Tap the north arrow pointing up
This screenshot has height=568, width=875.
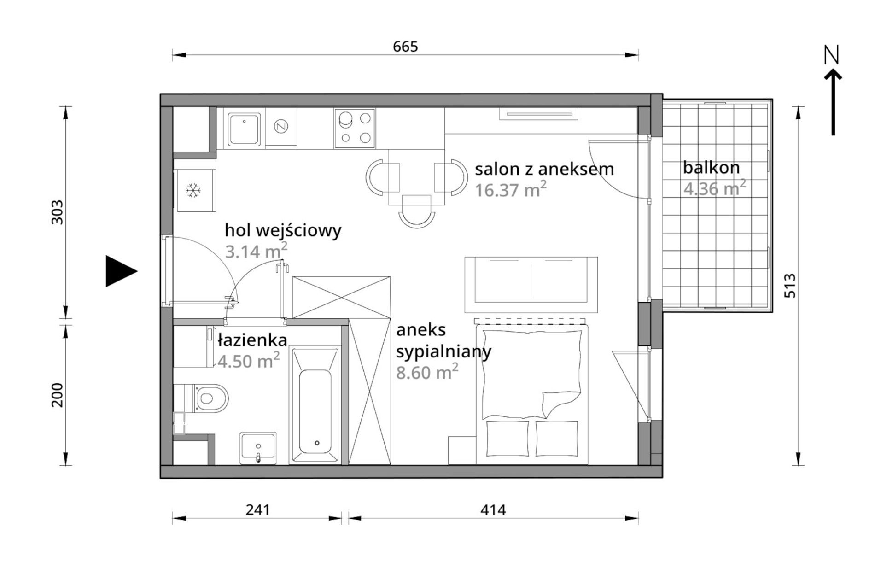(833, 102)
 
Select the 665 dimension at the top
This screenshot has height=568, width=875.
(405, 47)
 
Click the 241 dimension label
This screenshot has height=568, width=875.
(257, 509)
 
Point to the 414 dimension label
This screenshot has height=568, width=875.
(493, 509)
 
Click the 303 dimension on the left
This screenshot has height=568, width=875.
(57, 212)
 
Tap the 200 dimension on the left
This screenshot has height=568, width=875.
(57, 395)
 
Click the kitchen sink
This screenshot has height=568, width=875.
(244, 129)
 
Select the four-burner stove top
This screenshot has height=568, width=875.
(355, 128)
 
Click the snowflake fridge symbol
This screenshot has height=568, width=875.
(193, 190)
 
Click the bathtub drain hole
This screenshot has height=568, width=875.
(317, 443)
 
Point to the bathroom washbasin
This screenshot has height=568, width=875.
(258, 448)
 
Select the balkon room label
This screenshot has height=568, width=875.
(711, 168)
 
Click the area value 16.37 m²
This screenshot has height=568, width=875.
(511, 189)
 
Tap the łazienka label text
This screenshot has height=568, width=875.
(252, 340)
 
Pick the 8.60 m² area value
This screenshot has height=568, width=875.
(427, 371)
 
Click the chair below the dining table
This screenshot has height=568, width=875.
(417, 211)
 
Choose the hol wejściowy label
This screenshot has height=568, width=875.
(283, 230)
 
